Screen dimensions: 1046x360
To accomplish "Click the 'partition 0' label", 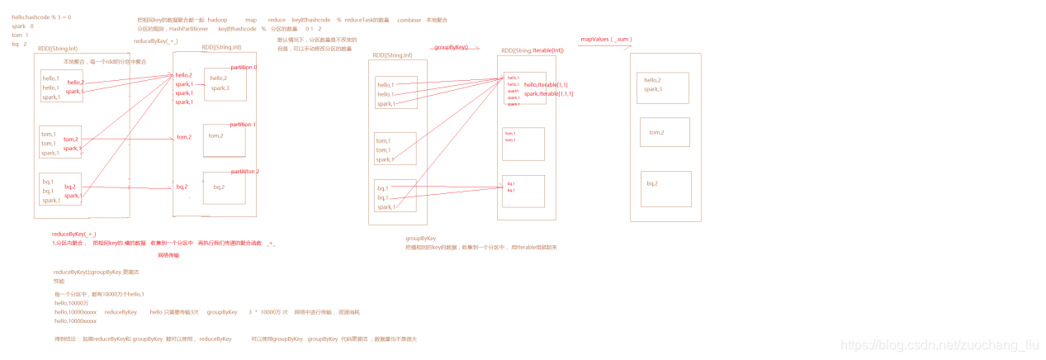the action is (244, 67).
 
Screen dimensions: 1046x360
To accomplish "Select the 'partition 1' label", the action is (243, 125).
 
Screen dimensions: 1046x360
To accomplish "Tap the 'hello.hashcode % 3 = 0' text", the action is (41, 17).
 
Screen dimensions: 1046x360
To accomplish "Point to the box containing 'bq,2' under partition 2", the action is (225, 188).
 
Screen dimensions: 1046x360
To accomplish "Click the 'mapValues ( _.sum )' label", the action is (606, 39).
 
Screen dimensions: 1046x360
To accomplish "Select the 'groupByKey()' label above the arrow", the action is (451, 48).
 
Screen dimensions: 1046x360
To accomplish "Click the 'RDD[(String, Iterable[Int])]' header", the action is (532, 50).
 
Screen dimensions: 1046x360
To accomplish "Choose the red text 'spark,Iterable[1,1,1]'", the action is (549, 94).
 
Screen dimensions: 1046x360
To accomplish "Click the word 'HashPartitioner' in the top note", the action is (188, 29).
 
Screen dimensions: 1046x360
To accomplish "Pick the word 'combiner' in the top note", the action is (409, 20).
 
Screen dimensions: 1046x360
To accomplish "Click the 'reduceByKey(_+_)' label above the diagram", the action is (155, 40).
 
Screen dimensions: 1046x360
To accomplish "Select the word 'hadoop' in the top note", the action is (217, 20).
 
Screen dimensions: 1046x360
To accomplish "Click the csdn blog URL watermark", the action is (939, 345).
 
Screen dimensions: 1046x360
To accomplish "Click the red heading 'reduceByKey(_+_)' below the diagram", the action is (73, 234).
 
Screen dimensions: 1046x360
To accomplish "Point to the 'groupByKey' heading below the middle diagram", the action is (420, 238).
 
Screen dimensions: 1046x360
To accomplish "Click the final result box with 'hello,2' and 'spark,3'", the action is (662, 88).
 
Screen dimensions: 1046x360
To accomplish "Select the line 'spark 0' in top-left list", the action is (22, 26).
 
